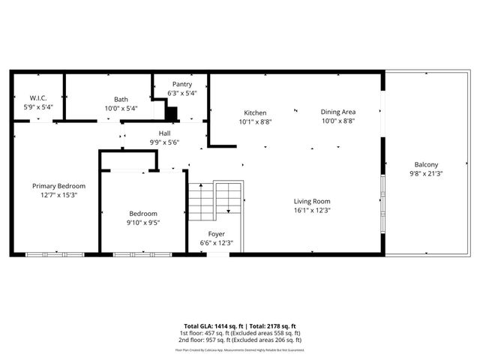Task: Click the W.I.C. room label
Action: click(38, 98)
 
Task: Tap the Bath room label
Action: click(121, 99)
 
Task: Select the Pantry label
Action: click(182, 85)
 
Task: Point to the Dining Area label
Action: click(337, 112)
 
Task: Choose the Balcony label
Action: click(426, 165)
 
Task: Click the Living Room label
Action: click(311, 201)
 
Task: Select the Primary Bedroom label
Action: click(58, 186)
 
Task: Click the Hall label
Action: click(164, 133)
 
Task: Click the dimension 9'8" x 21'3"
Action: click(426, 174)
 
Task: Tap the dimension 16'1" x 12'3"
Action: click(311, 211)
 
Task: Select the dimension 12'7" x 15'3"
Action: click(58, 195)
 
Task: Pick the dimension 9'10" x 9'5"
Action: click(142, 222)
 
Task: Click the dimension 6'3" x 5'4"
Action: click(182, 94)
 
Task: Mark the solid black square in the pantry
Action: click(172, 113)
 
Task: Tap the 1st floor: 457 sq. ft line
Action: click(239, 333)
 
